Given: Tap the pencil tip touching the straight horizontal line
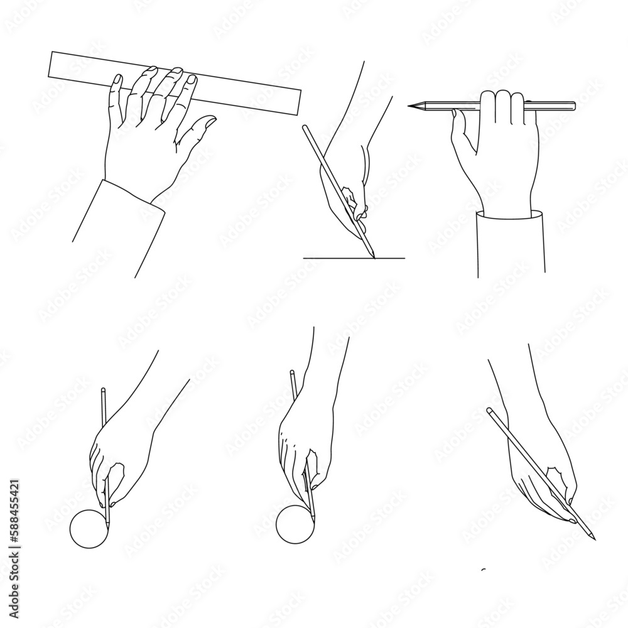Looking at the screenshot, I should [x=374, y=256].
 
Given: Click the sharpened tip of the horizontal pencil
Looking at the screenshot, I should [x=410, y=107].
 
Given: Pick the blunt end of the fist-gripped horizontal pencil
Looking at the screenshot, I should [x=573, y=104].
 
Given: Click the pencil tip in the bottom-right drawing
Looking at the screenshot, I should [x=594, y=538].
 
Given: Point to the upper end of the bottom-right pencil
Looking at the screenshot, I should [x=489, y=411].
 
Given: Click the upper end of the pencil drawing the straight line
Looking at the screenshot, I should [x=305, y=127].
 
